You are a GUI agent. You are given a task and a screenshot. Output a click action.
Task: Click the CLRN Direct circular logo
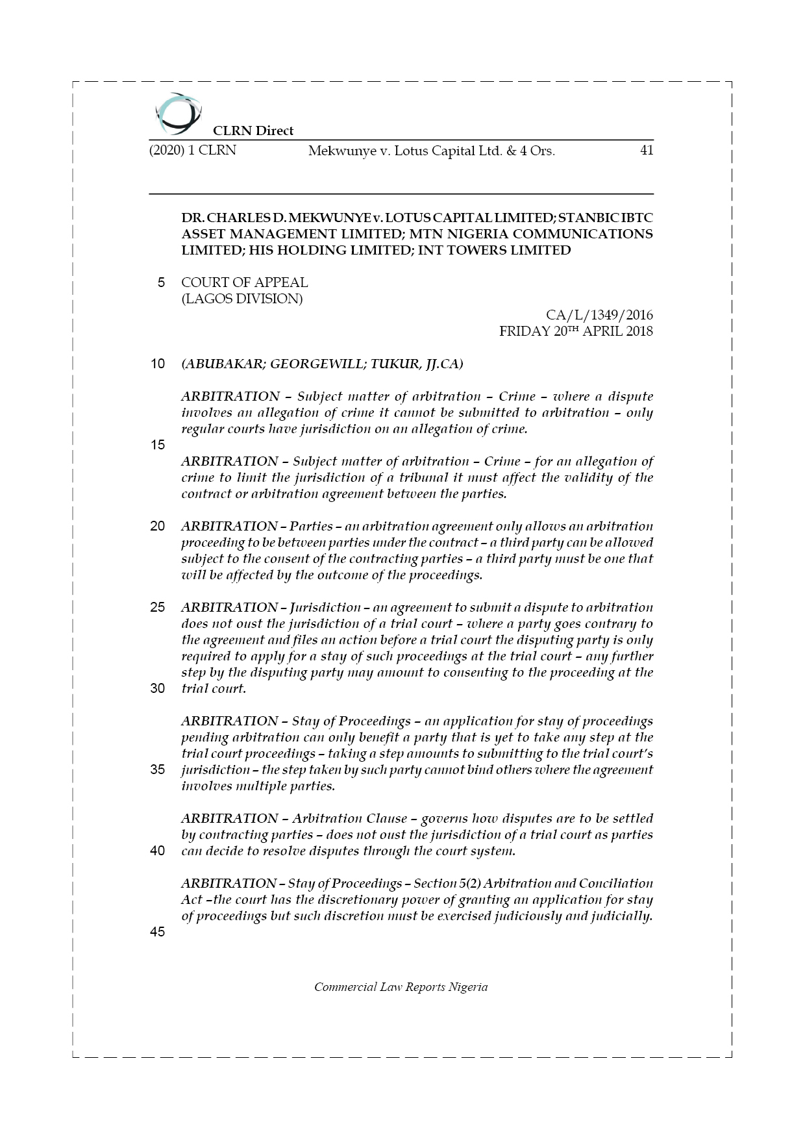(177, 114)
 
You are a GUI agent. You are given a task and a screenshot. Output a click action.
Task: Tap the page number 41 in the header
(646, 151)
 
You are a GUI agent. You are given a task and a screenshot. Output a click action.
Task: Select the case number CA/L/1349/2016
(599, 315)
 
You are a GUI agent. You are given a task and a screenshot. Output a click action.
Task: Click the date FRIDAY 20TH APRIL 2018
(575, 331)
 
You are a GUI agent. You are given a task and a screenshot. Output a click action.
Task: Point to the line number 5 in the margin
(161, 282)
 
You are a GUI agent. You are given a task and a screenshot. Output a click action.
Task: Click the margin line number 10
(158, 364)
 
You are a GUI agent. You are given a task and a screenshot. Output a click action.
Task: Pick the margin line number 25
(158, 607)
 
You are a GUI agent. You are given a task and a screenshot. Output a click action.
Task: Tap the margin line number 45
(158, 932)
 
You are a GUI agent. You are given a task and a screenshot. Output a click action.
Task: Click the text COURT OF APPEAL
(244, 282)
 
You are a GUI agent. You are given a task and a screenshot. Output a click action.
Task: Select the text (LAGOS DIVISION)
(241, 299)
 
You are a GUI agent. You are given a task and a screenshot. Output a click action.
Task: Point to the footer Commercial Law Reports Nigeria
(401, 987)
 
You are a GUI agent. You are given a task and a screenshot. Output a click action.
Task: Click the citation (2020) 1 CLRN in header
(192, 151)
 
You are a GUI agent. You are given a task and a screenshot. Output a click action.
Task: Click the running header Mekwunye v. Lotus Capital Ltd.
(431, 151)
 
